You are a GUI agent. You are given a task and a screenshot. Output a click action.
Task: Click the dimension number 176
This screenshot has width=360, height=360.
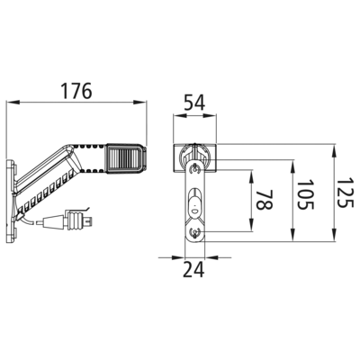pos(76,91)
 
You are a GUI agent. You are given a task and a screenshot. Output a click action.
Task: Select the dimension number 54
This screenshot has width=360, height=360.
pos(194,103)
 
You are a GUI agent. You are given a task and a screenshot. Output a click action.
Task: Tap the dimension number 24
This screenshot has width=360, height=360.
pos(193,269)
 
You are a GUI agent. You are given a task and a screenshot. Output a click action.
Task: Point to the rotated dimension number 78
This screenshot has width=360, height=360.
pos(265,200)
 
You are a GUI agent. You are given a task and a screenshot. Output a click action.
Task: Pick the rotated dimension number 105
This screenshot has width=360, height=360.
pos(305,194)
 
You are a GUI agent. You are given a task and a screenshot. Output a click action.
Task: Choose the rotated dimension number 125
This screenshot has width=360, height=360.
pos(345,193)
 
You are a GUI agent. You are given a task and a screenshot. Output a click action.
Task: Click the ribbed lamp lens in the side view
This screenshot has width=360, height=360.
pos(124,158)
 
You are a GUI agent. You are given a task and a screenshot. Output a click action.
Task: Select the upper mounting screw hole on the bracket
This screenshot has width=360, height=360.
pos(195,169)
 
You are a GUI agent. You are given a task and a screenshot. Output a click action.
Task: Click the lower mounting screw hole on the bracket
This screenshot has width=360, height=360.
pos(195,231)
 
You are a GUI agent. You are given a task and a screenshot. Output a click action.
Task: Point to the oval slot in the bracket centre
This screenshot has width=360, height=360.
pos(194,205)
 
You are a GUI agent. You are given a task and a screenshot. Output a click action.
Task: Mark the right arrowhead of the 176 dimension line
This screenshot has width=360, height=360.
pos(140,103)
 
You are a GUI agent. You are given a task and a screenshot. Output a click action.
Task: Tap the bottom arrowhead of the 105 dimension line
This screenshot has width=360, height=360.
pos(292,234)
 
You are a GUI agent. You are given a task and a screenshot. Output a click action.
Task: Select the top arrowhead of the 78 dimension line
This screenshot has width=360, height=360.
pos(251,176)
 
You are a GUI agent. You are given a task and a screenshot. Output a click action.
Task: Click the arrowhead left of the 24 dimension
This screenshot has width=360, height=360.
pos(178,257)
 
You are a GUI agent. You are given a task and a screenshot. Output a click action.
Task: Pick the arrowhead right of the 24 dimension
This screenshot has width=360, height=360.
pos(211,257)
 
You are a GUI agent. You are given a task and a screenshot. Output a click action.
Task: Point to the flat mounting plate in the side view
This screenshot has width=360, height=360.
pos(11,201)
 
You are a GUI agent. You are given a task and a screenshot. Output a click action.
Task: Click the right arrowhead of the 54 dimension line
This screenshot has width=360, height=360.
pos(210,114)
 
